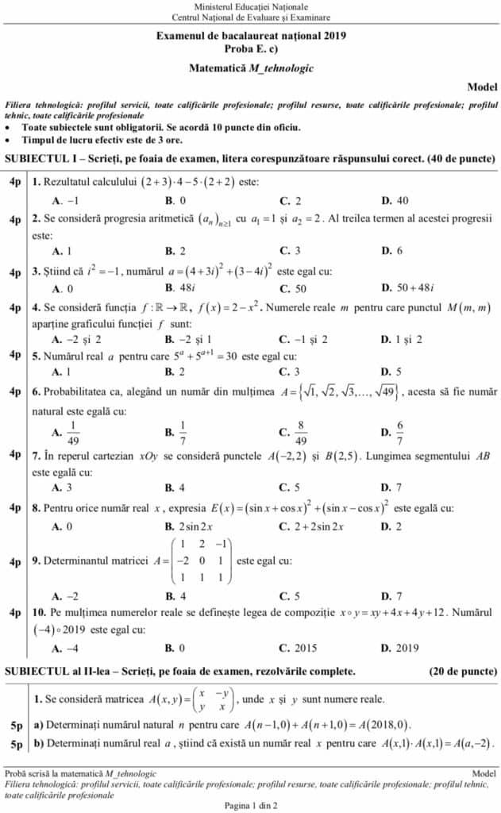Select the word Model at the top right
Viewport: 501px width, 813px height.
point(482,86)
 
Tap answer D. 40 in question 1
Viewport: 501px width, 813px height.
point(395,201)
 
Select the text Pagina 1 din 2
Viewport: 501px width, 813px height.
point(250,805)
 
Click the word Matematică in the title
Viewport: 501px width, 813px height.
point(218,68)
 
